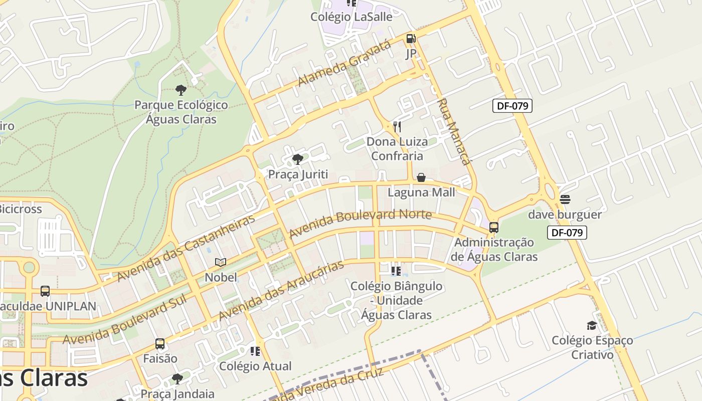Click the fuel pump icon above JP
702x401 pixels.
pos(411,39)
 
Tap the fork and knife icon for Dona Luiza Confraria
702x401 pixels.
pos(397,126)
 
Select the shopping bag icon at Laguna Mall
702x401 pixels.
pos(421,177)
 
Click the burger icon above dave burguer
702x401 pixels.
pos(565,199)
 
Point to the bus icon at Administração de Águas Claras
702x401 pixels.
pos(494,228)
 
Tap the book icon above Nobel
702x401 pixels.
pos(221,262)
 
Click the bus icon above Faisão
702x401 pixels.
pos(160,344)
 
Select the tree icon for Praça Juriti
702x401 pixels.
pos(298,159)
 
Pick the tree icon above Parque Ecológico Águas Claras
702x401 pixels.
pos(181,90)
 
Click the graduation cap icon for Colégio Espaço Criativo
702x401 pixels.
pos(592,325)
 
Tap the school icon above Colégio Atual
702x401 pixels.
pos(255,351)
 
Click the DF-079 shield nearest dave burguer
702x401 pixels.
pos(567,233)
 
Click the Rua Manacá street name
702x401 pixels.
pos(454,132)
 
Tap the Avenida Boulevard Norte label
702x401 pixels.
pos(360,223)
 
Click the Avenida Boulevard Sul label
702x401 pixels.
pos(124,319)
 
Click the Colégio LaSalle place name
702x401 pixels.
pos(351,17)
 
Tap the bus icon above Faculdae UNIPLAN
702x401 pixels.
pos(45,291)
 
